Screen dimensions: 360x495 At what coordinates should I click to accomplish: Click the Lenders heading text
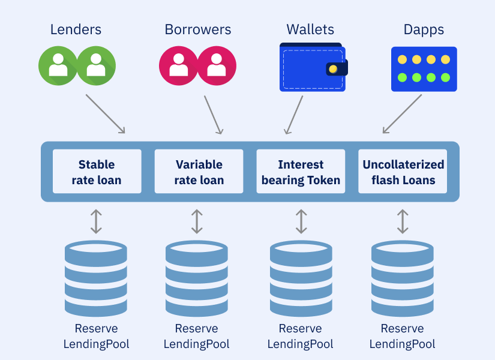pyautogui.click(x=76, y=29)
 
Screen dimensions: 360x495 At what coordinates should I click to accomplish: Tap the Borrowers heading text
pyautogui.click(x=198, y=29)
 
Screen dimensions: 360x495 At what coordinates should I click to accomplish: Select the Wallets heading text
pyautogui.click(x=310, y=29)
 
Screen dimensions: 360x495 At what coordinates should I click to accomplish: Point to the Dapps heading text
pyautogui.click(x=424, y=29)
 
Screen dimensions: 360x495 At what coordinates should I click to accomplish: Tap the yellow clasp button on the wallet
pyautogui.click(x=334, y=69)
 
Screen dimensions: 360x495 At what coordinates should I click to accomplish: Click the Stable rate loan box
pyautogui.click(x=97, y=172)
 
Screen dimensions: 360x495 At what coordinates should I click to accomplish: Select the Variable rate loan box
pyautogui.click(x=199, y=172)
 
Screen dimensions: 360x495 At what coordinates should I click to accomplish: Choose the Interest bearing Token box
pyautogui.click(x=301, y=172)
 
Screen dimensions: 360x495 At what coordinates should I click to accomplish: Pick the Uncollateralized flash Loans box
pyautogui.click(x=403, y=172)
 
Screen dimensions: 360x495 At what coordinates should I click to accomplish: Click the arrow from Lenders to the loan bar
pyautogui.click(x=106, y=113)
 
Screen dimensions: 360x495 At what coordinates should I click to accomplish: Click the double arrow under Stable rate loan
pyautogui.click(x=96, y=221)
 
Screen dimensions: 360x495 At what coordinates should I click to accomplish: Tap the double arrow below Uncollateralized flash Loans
pyautogui.click(x=403, y=221)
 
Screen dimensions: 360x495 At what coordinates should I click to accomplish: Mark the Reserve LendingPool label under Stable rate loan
pyautogui.click(x=96, y=336)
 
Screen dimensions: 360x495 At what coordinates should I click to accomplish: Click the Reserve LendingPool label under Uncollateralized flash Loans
pyautogui.click(x=403, y=336)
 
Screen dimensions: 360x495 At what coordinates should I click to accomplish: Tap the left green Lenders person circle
pyautogui.click(x=58, y=65)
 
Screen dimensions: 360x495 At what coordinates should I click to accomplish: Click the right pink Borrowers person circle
pyautogui.click(x=217, y=65)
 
